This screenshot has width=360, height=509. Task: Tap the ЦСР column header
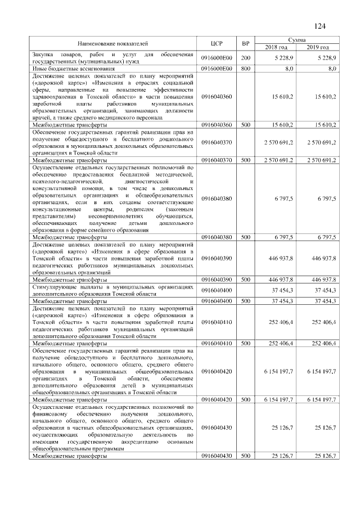coord(216,43)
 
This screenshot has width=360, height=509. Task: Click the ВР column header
coord(245,43)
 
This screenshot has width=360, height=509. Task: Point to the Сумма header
coord(297,40)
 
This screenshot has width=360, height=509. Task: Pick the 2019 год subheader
coord(318,47)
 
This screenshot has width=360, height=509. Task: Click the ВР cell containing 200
coord(245,58)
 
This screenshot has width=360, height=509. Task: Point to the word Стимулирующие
coord(53,287)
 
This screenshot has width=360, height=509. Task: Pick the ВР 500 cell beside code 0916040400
coord(245,301)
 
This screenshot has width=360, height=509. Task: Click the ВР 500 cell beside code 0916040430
coord(245,456)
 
